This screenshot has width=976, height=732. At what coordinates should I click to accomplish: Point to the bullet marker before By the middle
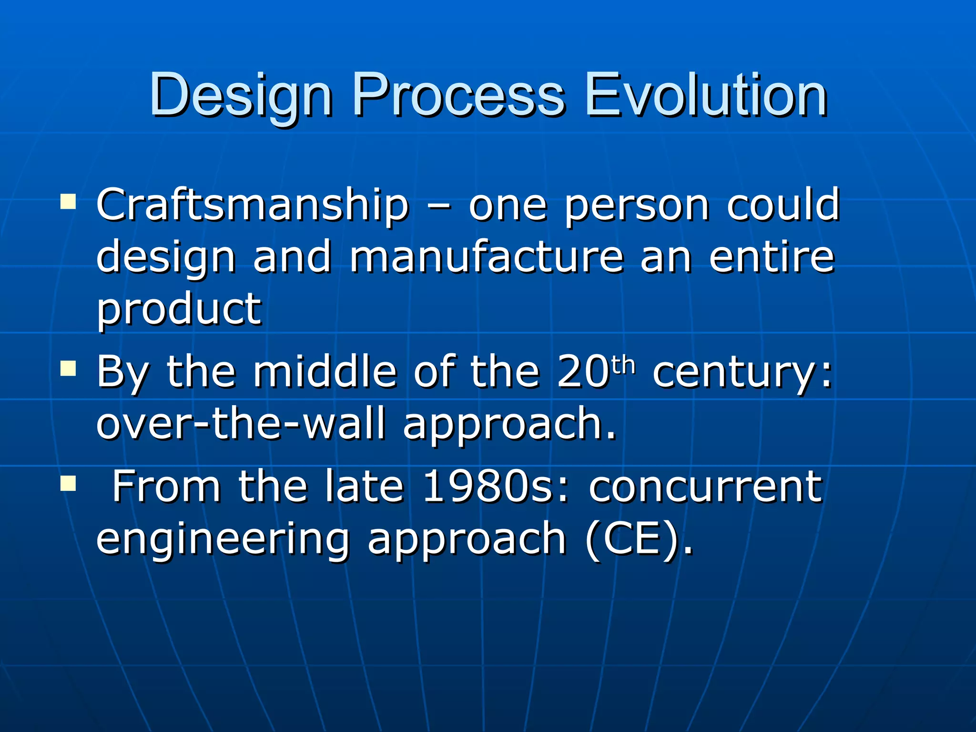(68, 368)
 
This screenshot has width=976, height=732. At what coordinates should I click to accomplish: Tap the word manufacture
(487, 257)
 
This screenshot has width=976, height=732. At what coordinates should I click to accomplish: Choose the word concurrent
(705, 488)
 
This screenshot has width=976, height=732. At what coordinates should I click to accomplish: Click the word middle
(325, 372)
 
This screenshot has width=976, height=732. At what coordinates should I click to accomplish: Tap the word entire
(772, 257)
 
